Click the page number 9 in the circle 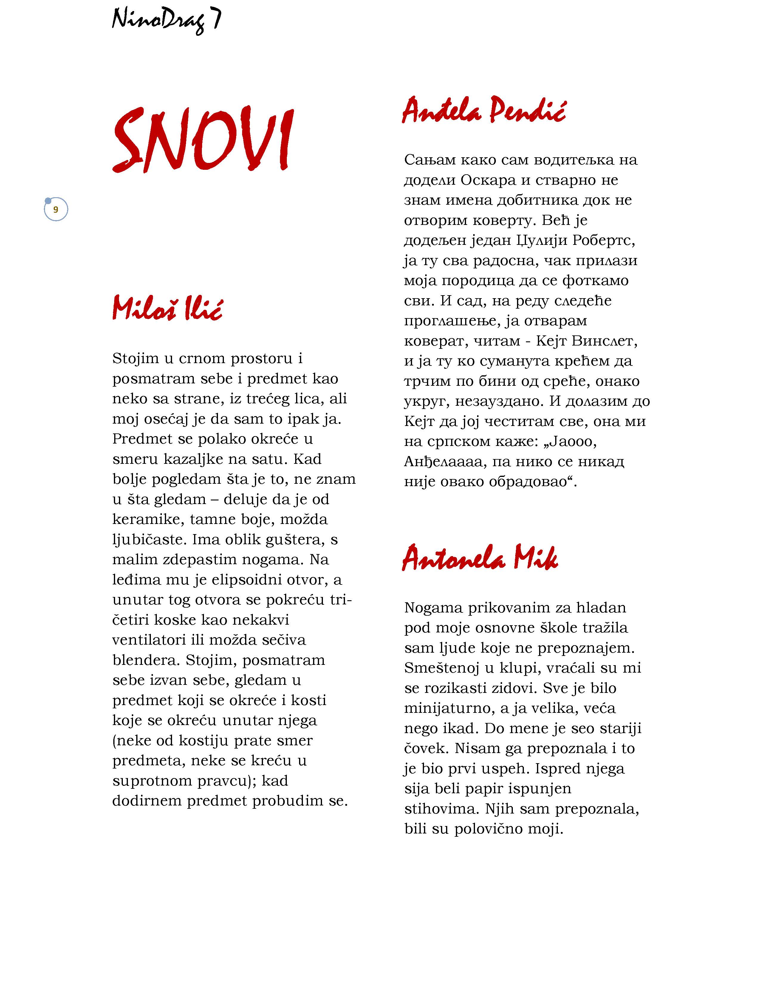pyautogui.click(x=56, y=210)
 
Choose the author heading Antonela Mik pyautogui.click(x=480, y=558)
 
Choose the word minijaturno pyautogui.click(x=449, y=708)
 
